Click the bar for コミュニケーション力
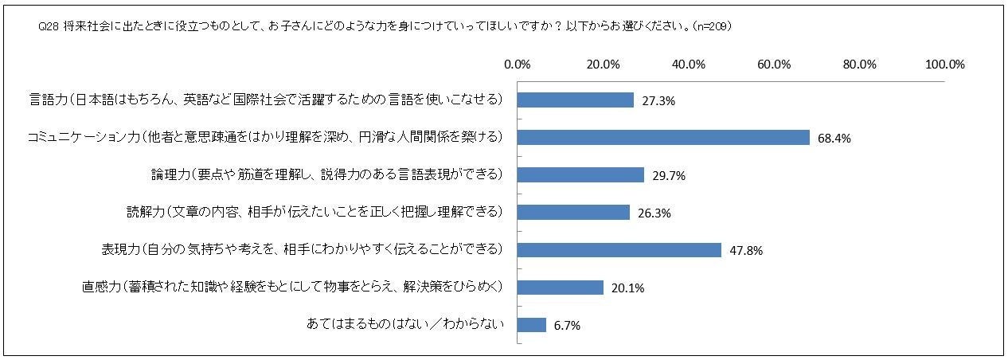[x=663, y=137]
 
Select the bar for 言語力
[x=576, y=100]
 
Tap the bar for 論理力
[x=580, y=174]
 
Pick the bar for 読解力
[x=573, y=212]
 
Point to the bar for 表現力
[x=619, y=249]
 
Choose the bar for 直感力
[x=561, y=287]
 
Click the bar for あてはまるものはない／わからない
[x=532, y=324]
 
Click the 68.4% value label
[x=834, y=139]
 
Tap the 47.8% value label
[x=746, y=251]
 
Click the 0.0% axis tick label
[x=518, y=65]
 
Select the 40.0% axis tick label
[x=689, y=65]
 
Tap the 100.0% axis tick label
[x=945, y=65]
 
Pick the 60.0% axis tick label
[x=774, y=65]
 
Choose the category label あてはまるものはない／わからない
[x=406, y=324]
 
